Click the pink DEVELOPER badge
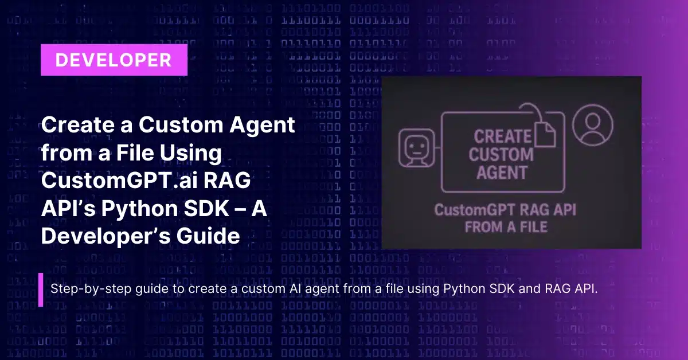tap(114, 60)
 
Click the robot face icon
tap(417, 148)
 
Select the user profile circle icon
tap(593, 125)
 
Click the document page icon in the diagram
tap(545, 135)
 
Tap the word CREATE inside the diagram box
tap(502, 136)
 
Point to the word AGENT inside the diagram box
tap(502, 173)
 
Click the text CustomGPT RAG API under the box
tap(505, 210)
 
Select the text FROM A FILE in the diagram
tap(506, 227)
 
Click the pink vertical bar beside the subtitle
tap(41, 289)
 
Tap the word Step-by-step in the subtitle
tap(91, 289)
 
